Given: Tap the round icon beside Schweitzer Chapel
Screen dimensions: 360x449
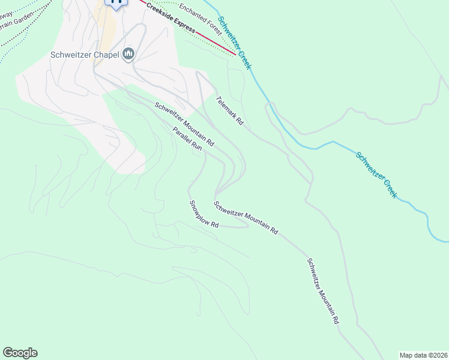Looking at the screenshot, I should click(x=128, y=55).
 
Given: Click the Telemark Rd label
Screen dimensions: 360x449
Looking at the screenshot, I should click(x=230, y=110).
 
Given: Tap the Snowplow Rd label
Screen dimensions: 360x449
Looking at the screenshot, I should click(x=203, y=214).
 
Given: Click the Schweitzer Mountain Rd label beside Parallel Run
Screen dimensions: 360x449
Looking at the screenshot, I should click(x=184, y=125).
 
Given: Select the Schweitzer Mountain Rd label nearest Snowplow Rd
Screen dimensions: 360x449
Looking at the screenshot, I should click(x=246, y=217).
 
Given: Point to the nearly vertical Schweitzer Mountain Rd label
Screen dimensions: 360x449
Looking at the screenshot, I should click(x=323, y=291).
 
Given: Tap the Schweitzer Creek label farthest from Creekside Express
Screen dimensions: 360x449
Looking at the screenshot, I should click(x=376, y=175).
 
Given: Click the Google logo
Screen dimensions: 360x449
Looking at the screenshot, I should click(x=20, y=353).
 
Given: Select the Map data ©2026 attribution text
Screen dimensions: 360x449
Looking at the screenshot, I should click(x=423, y=355).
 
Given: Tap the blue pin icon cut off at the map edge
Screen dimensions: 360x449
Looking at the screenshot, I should click(x=116, y=2).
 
